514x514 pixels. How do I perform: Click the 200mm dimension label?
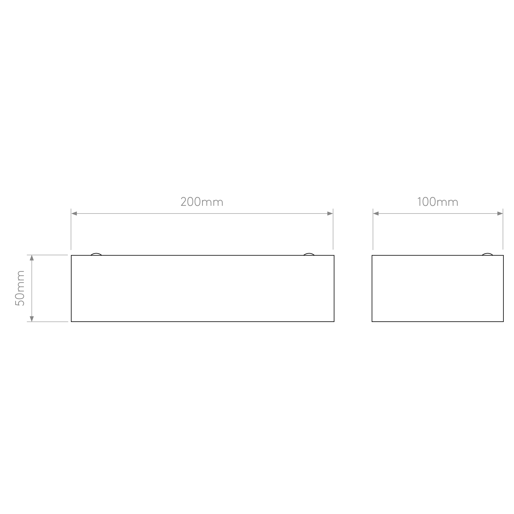tap(202, 201)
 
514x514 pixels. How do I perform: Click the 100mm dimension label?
tap(438, 201)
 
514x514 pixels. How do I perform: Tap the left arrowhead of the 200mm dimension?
tap(74, 213)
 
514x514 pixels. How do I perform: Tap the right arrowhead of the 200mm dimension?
tap(330, 213)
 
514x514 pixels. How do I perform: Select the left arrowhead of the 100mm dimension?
tap(376, 213)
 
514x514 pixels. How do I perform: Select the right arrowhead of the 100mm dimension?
tap(500, 213)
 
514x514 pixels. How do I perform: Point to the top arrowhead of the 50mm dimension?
tap(32, 258)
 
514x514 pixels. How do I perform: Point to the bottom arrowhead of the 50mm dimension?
tap(32, 319)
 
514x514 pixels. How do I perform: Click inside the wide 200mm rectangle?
tap(203, 288)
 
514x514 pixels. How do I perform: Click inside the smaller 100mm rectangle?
tap(438, 288)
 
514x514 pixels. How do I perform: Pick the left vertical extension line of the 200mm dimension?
tap(71, 229)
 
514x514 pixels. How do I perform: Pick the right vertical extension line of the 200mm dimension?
tap(333, 229)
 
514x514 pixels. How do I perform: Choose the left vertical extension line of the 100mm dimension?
tap(373, 229)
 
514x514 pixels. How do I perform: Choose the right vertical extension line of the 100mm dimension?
tap(503, 229)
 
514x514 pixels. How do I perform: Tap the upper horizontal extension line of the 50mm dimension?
tap(47, 255)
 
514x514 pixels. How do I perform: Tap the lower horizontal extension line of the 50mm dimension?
tap(47, 322)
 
